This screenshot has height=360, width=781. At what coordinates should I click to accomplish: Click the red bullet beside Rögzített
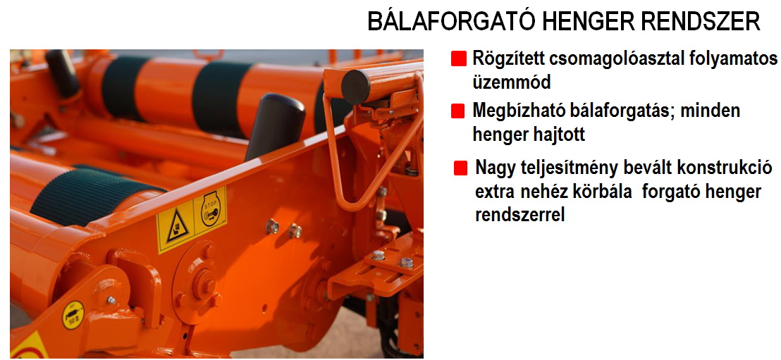coord(458,59)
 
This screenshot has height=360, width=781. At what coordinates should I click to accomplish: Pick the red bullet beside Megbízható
coord(457,111)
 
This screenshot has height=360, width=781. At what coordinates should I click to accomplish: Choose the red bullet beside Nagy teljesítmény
coord(461,168)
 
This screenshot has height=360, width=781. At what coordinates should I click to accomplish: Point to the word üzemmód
coord(512,82)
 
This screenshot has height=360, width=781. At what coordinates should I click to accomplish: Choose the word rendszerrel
coord(520,215)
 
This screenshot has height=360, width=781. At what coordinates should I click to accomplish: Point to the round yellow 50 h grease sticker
coord(73,315)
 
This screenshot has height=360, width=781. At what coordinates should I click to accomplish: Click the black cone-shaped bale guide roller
coord(273,126)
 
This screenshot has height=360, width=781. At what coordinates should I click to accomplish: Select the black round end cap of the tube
coord(355,87)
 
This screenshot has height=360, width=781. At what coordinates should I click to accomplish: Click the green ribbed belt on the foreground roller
coord(97,194)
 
